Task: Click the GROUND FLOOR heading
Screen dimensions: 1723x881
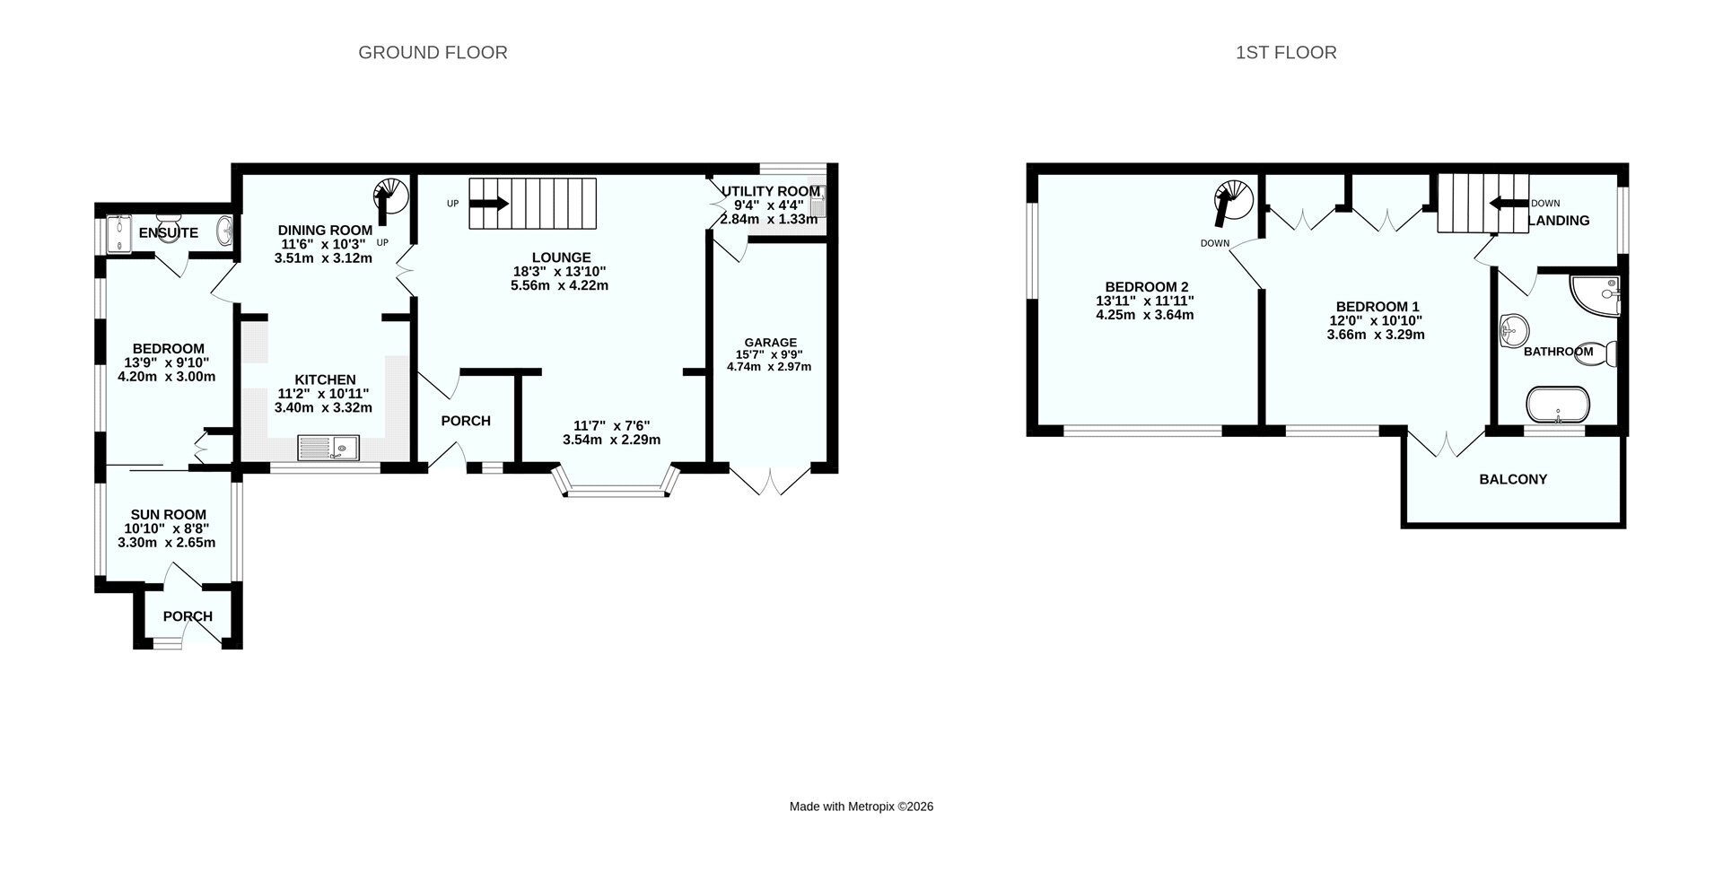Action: (433, 53)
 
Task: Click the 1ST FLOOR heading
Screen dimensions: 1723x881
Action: (1286, 53)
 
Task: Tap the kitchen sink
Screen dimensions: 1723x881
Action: (328, 447)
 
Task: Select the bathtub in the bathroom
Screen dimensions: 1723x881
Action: (1558, 405)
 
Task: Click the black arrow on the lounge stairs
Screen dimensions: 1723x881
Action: (489, 204)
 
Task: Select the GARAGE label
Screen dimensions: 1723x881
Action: (770, 343)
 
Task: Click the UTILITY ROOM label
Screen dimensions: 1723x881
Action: (771, 191)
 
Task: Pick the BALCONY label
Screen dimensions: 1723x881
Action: (1513, 479)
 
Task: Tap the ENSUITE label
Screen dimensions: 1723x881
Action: (169, 233)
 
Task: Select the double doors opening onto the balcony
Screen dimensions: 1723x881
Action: (1446, 443)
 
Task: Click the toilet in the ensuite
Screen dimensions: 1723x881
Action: (168, 220)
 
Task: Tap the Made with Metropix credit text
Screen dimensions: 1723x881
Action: (861, 807)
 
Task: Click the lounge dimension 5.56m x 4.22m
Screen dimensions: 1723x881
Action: (559, 286)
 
